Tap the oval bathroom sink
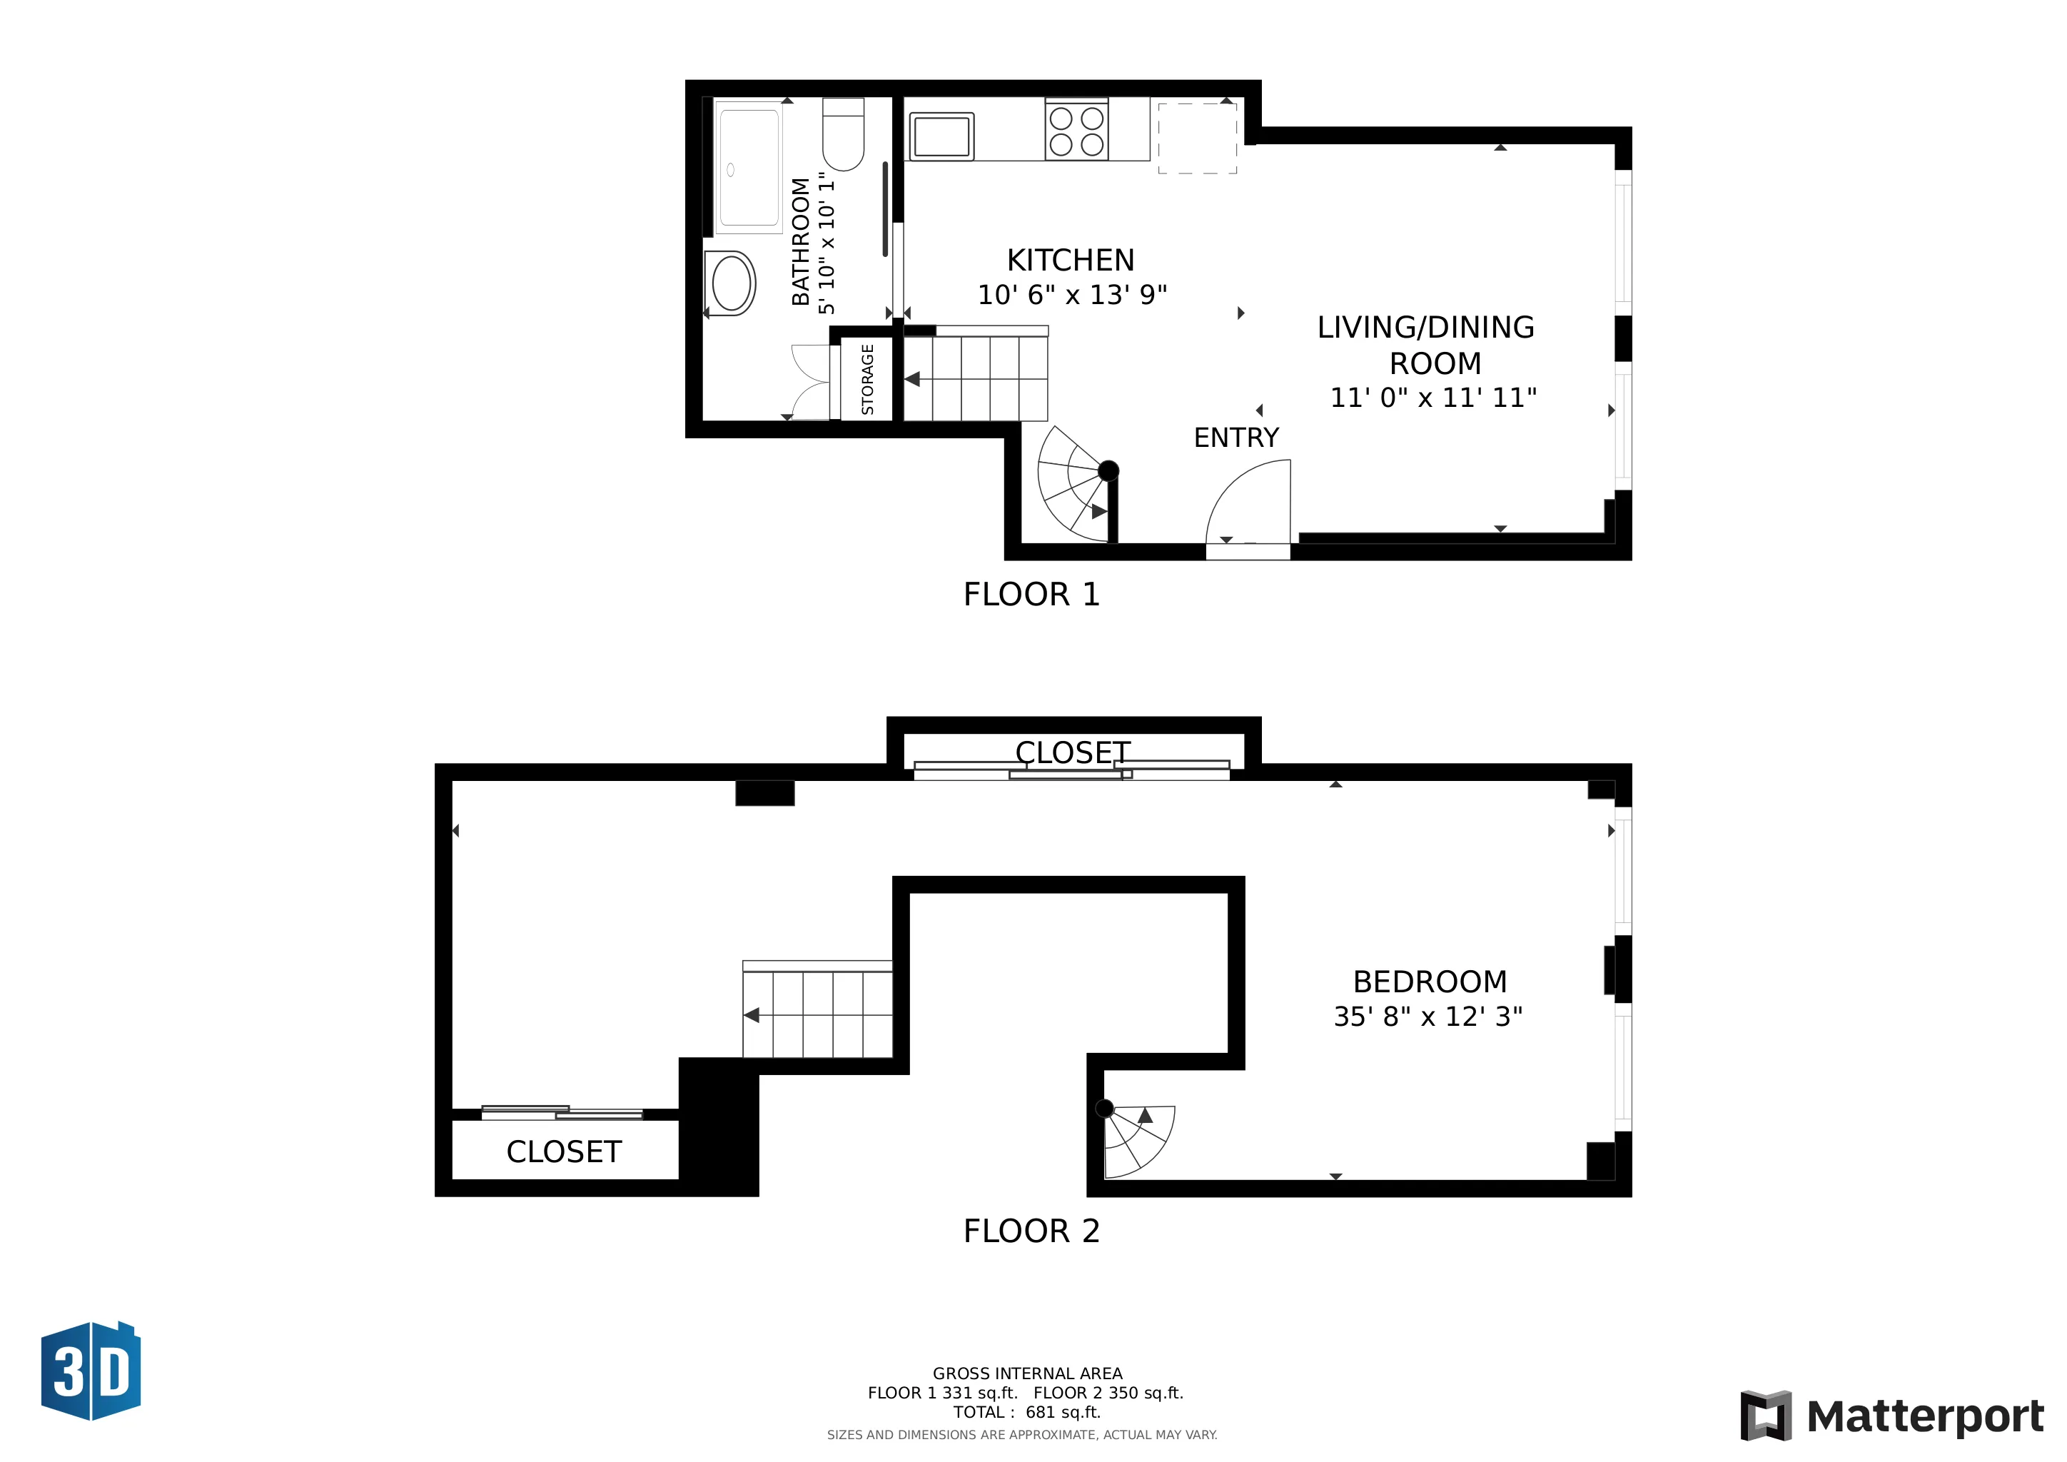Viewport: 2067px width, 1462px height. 732,283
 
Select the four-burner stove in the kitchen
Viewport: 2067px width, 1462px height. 1077,131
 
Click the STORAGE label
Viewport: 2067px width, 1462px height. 868,379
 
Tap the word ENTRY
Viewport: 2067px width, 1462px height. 1236,438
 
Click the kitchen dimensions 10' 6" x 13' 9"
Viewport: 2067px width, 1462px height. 1072,294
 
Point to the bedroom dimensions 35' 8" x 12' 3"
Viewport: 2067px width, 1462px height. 1427,1017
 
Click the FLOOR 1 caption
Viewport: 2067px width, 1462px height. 1031,594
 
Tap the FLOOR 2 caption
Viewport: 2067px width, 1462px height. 1031,1231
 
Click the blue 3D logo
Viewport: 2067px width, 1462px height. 91,1371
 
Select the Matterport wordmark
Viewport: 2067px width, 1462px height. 1925,1416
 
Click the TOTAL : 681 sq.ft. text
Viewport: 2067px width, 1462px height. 1027,1411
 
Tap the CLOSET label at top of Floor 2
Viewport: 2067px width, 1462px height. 1072,752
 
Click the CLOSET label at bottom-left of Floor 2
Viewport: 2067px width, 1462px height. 564,1151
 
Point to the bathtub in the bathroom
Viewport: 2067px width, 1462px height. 748,168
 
